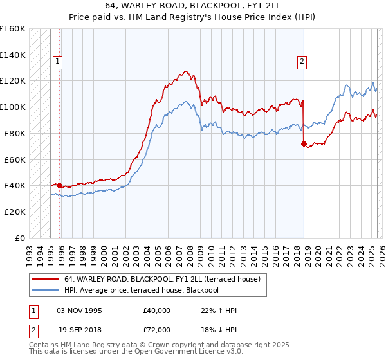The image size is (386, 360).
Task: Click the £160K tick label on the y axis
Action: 12,29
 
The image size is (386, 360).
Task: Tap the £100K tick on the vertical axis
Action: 12,107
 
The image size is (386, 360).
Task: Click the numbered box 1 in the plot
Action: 57,62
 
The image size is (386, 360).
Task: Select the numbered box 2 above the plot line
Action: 300,62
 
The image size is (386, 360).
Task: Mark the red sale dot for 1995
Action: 60,185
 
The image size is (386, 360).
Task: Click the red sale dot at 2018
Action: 303,143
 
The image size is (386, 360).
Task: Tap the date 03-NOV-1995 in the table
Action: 79,310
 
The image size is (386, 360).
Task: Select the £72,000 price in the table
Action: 157,329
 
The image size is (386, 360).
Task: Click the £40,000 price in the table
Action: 157,310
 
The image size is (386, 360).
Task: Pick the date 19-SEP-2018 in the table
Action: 79,329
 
